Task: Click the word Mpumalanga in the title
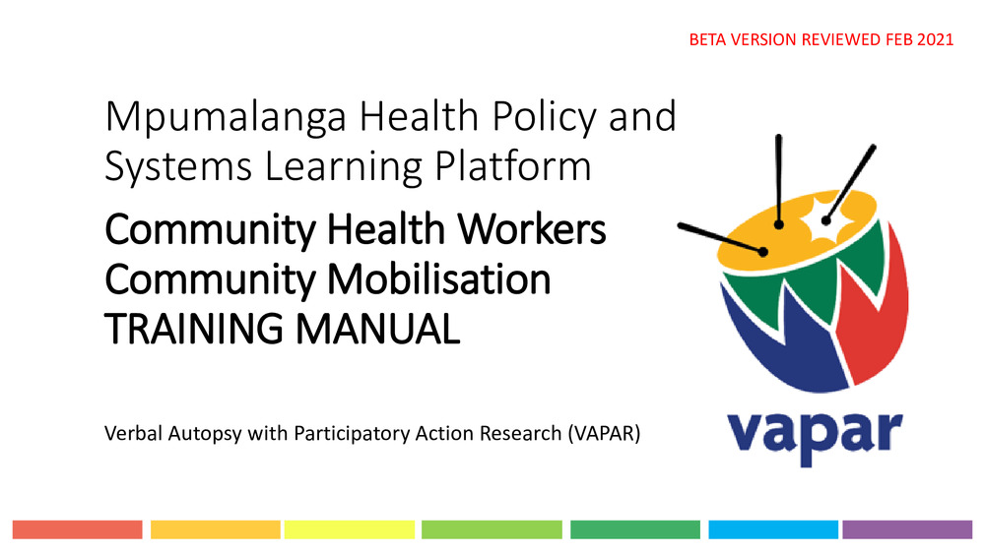[x=226, y=118]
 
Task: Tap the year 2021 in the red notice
[x=936, y=39]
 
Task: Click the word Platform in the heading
[x=512, y=166]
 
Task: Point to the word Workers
[x=532, y=229]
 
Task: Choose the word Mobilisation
[x=439, y=278]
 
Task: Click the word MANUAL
[x=377, y=329]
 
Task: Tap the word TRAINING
[x=194, y=329]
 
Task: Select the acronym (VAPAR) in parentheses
[x=604, y=433]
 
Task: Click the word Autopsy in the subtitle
[x=204, y=434]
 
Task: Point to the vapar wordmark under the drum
[x=815, y=435]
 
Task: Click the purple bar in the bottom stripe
[x=907, y=529]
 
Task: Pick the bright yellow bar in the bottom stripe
[x=350, y=529]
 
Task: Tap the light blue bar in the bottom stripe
[x=773, y=529]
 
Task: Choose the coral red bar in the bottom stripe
[x=77, y=529]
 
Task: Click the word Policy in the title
[x=544, y=118]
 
